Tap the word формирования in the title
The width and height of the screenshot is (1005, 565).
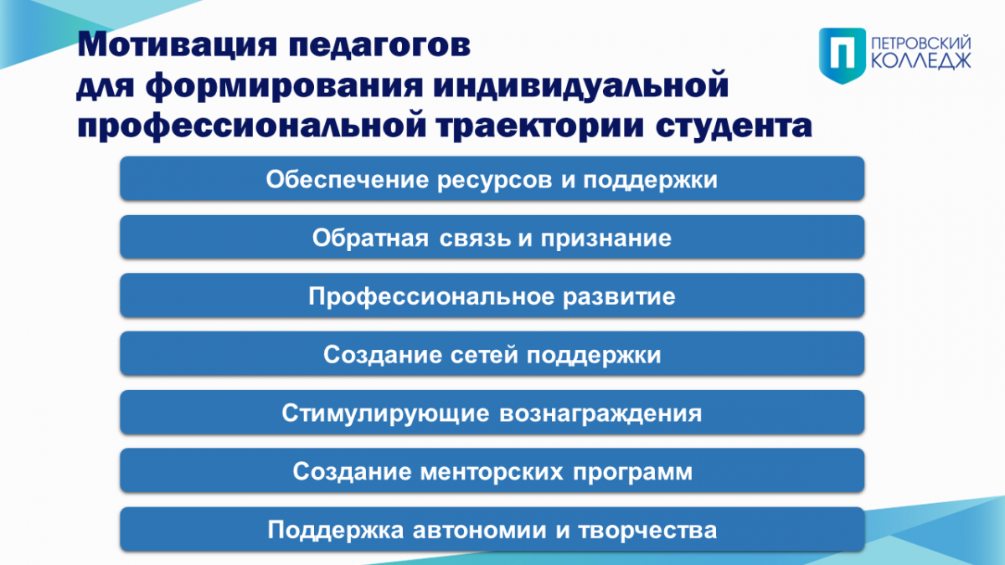coord(284,86)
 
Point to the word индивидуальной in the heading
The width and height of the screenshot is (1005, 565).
coord(580,86)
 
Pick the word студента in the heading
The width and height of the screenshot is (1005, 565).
coord(734,127)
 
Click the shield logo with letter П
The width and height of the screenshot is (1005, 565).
coord(843,55)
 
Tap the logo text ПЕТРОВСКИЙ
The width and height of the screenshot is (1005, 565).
coord(920,44)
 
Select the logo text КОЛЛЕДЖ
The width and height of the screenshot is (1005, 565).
coord(920,60)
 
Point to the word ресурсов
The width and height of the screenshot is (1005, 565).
coord(494,181)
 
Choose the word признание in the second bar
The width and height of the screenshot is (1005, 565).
coord(606,238)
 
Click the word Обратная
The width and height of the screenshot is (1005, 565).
coord(370,238)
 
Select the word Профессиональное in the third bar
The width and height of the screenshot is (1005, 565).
coord(431,297)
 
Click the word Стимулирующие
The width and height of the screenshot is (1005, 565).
coord(385,413)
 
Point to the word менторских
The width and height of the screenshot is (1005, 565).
coord(492,472)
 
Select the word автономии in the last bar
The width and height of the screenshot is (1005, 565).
coord(480,531)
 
